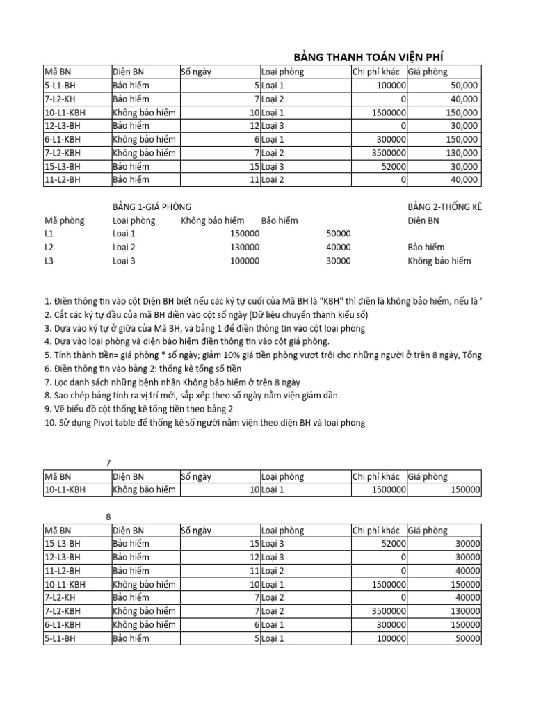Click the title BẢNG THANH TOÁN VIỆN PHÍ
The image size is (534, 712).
[369, 57]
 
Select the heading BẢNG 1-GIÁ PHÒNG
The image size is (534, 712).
[152, 207]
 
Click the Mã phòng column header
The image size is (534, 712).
[65, 220]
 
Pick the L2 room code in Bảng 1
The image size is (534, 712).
[49, 247]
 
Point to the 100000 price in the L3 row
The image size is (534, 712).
[244, 261]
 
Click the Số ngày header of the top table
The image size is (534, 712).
[195, 71]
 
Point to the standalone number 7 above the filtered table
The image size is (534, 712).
[108, 462]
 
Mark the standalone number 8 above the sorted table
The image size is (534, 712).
[108, 517]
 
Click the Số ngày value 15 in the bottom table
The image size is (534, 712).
[253, 544]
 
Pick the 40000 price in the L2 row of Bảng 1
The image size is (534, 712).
[338, 247]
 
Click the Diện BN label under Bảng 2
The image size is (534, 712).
[423, 220]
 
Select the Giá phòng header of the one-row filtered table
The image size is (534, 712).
[428, 476]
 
